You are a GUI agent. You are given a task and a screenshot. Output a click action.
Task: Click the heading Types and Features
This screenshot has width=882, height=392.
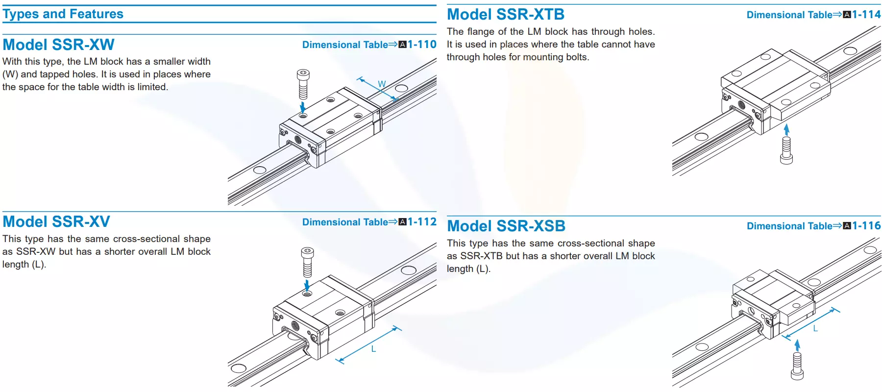(63, 14)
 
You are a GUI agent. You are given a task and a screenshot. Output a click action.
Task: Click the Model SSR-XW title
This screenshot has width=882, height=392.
(58, 45)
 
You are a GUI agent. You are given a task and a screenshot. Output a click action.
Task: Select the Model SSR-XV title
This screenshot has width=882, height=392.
(56, 221)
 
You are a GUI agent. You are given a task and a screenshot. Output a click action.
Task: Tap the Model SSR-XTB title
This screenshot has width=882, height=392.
(506, 14)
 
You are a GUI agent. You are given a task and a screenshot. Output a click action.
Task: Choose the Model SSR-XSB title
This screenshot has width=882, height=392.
(506, 226)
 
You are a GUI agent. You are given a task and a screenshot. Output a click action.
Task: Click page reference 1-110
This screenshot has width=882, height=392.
(422, 45)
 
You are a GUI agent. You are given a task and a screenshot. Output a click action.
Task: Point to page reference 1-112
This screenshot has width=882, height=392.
(422, 222)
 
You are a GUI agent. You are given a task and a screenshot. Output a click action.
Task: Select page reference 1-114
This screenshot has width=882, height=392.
(866, 15)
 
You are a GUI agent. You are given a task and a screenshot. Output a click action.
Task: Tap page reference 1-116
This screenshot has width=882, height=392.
(866, 226)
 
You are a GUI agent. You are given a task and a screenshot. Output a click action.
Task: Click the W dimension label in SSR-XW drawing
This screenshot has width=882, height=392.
(382, 84)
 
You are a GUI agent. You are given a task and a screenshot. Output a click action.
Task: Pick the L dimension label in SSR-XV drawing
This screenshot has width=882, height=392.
(373, 349)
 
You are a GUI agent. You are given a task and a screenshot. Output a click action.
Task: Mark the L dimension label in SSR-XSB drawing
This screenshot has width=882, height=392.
(815, 328)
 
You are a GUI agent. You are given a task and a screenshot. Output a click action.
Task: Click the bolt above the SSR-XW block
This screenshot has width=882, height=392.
(303, 84)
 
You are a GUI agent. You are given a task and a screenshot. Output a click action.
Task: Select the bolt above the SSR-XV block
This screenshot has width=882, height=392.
(307, 262)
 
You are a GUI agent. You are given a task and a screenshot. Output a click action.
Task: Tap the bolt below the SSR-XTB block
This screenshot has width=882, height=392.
(786, 150)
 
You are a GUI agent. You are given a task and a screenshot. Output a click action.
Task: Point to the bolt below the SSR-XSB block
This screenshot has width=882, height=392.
(797, 367)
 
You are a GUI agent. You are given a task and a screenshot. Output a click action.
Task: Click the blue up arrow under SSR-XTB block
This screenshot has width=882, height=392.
(786, 130)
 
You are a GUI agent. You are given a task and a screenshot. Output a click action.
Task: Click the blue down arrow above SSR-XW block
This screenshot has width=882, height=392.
(303, 107)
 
